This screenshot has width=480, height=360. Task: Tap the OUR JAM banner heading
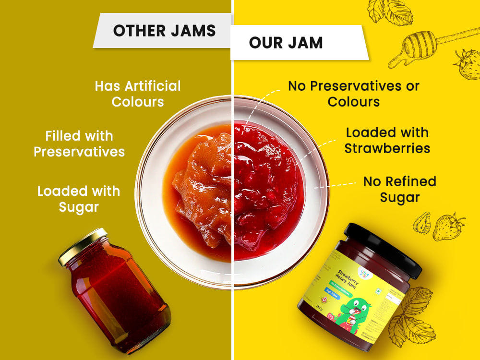click(286, 42)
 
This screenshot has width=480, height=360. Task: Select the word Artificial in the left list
click(153, 86)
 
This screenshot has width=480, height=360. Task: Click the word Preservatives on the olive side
click(79, 152)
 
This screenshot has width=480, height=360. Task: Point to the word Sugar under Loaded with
click(79, 207)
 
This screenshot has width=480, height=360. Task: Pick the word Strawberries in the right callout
click(387, 148)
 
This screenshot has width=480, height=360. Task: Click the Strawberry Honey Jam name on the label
click(350, 278)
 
